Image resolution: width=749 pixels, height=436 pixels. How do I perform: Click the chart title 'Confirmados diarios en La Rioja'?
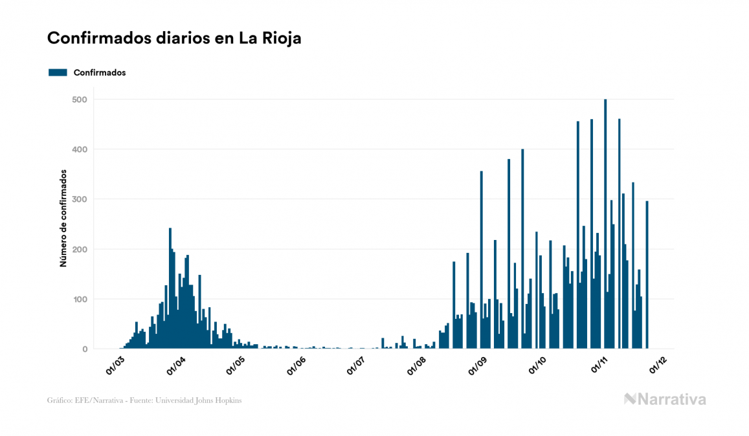click(x=174, y=38)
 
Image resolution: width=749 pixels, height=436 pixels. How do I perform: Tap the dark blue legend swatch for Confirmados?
click(x=58, y=72)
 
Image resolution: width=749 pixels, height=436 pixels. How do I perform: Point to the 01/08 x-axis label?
click(x=416, y=366)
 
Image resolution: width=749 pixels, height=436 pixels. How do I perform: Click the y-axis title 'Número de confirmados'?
click(x=63, y=219)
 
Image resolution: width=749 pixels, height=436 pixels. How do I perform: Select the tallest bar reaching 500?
click(x=605, y=224)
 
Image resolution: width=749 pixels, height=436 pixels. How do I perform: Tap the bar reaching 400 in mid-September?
click(x=522, y=249)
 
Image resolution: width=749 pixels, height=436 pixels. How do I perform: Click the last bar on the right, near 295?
click(x=647, y=275)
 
